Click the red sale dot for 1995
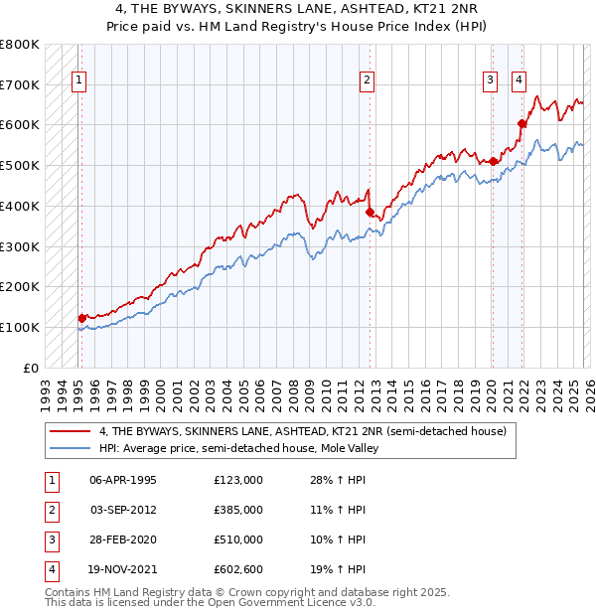click(x=82, y=318)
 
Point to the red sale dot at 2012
click(x=370, y=212)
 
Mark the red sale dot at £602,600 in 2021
click(x=521, y=123)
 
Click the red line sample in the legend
click(x=72, y=432)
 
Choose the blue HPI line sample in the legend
click(x=72, y=448)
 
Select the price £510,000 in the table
click(x=238, y=539)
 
